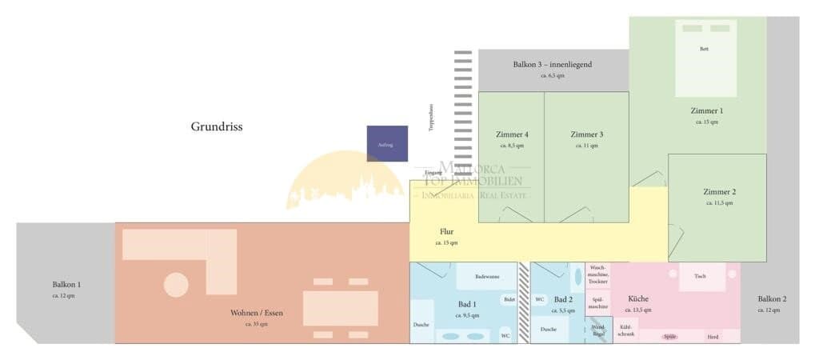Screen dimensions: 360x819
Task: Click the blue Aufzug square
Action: coord(387,143)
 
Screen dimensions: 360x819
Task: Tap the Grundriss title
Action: coord(216,126)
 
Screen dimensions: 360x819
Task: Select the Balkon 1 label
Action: coord(67,284)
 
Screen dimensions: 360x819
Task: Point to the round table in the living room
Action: coord(176,285)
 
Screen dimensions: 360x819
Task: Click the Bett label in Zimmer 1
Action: coord(704,49)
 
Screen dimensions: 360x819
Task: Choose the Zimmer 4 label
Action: coord(512,134)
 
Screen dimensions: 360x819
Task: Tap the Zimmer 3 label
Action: coord(587,134)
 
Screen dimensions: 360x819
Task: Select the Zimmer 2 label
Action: coord(719,192)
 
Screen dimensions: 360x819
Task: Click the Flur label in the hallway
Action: coord(446,231)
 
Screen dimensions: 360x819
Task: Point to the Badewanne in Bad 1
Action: coord(486,277)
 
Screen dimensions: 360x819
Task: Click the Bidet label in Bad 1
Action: coord(509,299)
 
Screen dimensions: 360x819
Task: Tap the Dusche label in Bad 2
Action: coord(549,329)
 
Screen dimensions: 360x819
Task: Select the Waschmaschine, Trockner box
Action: coord(598,274)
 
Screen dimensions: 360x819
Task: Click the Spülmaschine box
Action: coord(598,302)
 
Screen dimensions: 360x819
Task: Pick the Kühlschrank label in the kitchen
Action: coord(626,330)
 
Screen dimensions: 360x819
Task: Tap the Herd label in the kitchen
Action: coord(713,337)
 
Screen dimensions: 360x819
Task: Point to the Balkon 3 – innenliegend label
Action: coord(553,65)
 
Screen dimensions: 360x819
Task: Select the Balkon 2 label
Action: coord(772,299)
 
